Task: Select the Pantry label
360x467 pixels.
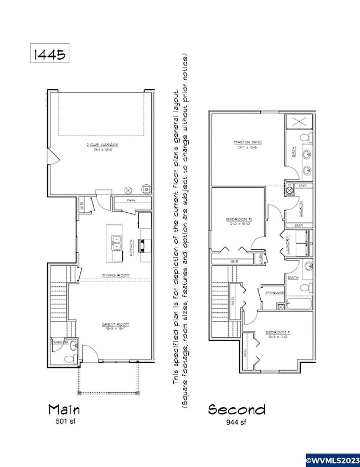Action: (x=131, y=200)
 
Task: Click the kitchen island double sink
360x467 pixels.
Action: (x=117, y=242)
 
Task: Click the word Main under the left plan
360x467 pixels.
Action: (x=64, y=409)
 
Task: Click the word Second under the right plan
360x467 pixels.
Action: (x=236, y=409)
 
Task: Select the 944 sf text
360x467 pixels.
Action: (x=236, y=422)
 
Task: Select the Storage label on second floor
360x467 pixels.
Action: (x=275, y=292)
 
